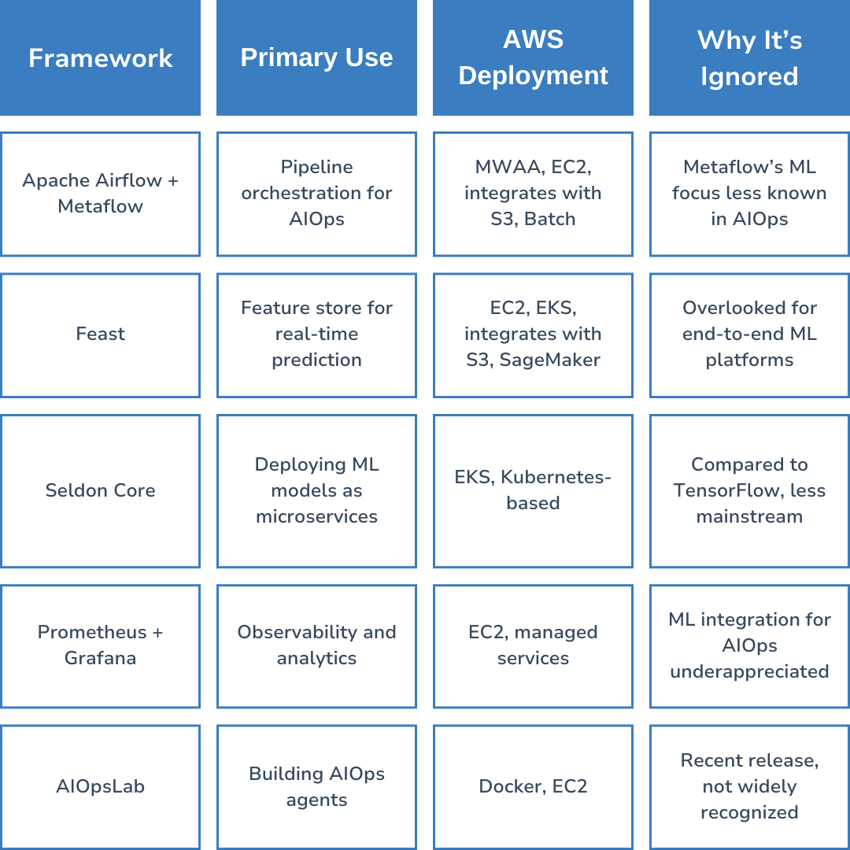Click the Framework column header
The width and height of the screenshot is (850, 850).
[100, 57]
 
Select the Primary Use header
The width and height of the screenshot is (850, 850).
[316, 57]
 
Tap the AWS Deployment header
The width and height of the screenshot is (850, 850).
[533, 57]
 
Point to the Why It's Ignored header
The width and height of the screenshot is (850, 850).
[749, 57]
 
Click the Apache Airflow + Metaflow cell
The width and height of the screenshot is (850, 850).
[100, 194]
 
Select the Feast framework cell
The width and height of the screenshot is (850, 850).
[100, 334]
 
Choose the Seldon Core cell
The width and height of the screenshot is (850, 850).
[100, 490]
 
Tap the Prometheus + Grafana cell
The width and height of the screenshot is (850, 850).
[100, 645]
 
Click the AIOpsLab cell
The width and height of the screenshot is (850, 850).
[100, 786]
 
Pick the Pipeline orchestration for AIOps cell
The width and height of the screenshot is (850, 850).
[316, 194]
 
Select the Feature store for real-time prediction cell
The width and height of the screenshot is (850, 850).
[316, 334]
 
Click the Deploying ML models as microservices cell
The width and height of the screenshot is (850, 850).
[316, 490]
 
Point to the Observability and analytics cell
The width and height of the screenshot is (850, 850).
[316, 645]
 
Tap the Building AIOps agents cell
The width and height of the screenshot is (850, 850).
[316, 786]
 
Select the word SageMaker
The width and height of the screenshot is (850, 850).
[550, 360]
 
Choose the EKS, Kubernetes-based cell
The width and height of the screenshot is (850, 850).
[533, 490]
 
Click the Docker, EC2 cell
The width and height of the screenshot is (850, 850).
[533, 786]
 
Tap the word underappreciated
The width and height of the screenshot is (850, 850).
[749, 671]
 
